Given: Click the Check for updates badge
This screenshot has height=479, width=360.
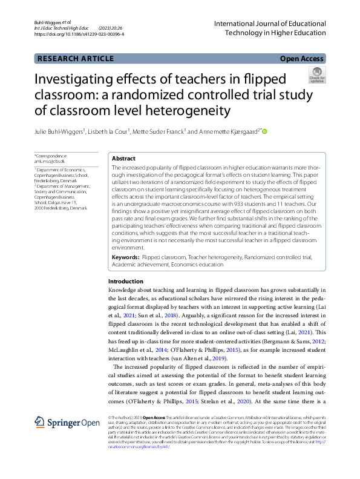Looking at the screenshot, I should (317, 75).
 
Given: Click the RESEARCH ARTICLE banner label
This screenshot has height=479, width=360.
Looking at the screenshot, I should (76, 59).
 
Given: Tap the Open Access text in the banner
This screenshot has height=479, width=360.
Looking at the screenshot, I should (303, 59).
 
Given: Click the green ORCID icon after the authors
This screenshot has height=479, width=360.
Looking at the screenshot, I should (264, 131).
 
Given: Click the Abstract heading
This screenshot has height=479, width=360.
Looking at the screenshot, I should (123, 158).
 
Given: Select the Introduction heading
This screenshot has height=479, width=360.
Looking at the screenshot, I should (126, 282).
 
